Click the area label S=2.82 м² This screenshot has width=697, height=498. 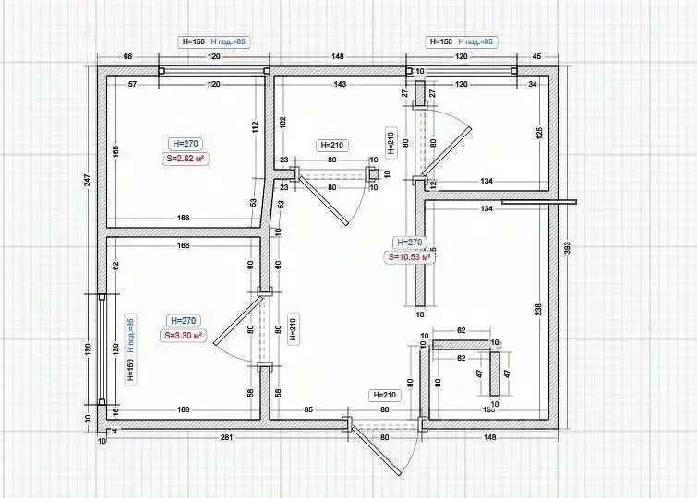(x=183, y=159)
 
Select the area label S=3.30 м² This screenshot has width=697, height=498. (x=183, y=336)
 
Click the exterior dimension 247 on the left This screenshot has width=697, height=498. (x=89, y=180)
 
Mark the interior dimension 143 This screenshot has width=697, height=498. (x=340, y=85)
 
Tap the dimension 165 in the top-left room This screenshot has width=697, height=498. (x=116, y=150)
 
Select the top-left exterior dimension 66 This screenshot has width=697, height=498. (x=128, y=57)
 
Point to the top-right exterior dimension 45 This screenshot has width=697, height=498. (x=535, y=57)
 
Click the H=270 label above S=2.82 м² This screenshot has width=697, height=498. (x=186, y=143)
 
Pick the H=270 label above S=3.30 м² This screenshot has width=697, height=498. (x=183, y=320)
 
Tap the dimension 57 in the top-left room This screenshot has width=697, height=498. (x=133, y=85)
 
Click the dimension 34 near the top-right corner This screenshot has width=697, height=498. (x=532, y=85)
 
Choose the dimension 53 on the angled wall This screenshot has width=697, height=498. (x=253, y=202)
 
